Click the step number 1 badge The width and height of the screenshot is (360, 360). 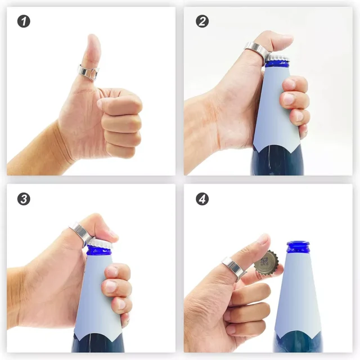pyautogui.click(x=24, y=21)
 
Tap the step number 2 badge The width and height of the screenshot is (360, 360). pyautogui.click(x=202, y=21)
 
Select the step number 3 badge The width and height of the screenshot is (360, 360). pyautogui.click(x=24, y=199)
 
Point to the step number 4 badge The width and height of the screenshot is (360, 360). pyautogui.click(x=202, y=199)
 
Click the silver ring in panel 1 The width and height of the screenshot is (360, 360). pyautogui.click(x=88, y=71)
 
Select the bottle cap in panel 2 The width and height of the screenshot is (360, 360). pyautogui.click(x=278, y=58)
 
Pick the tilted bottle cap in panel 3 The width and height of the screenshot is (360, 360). pyautogui.click(x=100, y=243)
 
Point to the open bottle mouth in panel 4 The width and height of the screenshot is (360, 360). pyautogui.click(x=298, y=244)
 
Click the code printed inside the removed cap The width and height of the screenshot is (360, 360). pyautogui.click(x=264, y=262)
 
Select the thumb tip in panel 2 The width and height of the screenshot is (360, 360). pyautogui.click(x=286, y=39)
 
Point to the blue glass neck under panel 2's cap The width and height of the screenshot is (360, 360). pyautogui.click(x=277, y=64)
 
